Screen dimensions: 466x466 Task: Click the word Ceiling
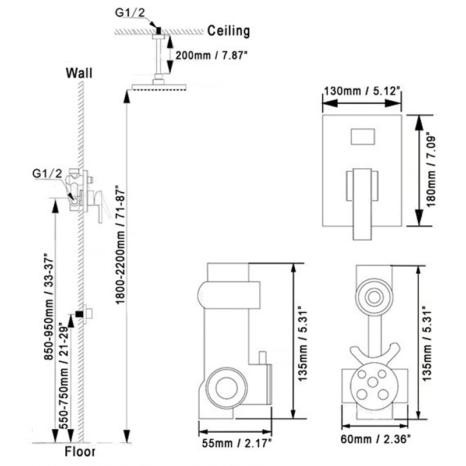coord(228,31)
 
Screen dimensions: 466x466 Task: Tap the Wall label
coord(79,73)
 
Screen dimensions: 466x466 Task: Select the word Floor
coord(80,451)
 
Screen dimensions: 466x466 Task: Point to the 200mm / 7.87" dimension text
coord(211,55)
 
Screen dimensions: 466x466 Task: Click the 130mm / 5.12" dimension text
coord(362,91)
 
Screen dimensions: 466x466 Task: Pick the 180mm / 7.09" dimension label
coord(430,171)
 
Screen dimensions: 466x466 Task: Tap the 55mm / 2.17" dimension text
coord(236,443)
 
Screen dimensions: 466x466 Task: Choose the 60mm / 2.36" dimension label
coord(376,439)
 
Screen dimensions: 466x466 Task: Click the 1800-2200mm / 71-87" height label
coord(120,245)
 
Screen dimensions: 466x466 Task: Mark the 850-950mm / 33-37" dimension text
coord(48,306)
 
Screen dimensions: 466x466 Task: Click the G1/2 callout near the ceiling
coord(130,12)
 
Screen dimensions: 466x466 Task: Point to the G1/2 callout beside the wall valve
coord(47,174)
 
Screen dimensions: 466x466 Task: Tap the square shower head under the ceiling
coord(159,87)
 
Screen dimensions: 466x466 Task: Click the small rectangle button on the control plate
coord(362,136)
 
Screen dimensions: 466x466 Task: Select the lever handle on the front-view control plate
coord(362,204)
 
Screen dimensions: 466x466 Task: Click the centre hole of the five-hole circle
coord(373,382)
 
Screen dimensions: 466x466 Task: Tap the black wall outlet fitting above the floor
coord(79,314)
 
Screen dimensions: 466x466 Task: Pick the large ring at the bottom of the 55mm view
coord(227,388)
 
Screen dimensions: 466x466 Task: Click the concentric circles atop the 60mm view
coord(374,297)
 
